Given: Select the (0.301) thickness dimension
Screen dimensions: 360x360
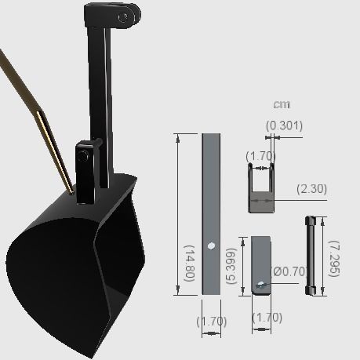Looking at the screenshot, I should click(284, 125).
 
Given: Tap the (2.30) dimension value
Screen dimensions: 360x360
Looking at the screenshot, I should click(311, 189).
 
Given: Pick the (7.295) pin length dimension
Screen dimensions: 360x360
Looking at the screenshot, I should click(333, 259).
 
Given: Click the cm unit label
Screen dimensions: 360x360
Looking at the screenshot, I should click(282, 105).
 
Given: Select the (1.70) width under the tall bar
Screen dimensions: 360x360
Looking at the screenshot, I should click(211, 320).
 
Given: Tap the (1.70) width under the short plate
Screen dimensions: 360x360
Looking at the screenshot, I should click(266, 318).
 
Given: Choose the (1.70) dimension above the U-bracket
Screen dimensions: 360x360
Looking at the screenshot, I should click(260, 156).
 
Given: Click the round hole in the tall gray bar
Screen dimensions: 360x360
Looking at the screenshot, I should click(211, 246).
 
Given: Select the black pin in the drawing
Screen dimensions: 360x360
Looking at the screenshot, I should click(309, 255).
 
